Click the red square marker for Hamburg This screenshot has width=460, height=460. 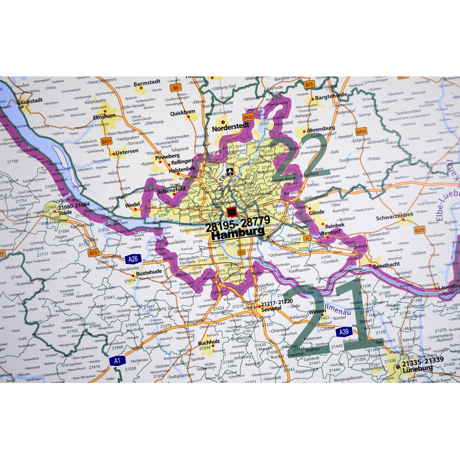tap(232, 212)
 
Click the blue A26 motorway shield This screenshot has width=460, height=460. tap(133, 258)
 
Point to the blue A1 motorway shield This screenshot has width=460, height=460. tap(117, 361)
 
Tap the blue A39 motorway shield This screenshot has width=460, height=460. tap(344, 332)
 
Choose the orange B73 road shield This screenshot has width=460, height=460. tap(94, 252)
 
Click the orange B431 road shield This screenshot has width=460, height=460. tap(106, 141)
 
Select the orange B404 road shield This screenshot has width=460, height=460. tap(361, 132)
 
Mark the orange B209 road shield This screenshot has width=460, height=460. tap(419, 230)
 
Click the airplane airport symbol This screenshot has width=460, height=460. tap(229, 172)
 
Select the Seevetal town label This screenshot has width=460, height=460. tap(271, 309)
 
